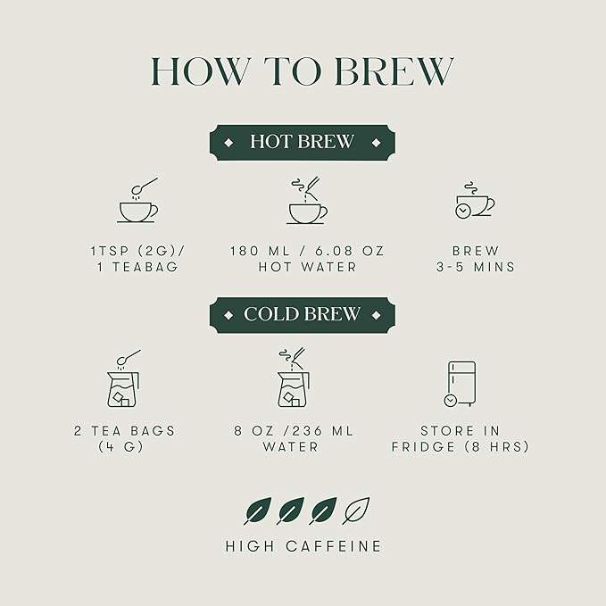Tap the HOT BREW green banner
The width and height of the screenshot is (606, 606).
point(302,142)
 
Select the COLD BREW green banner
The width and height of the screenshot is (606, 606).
point(302,314)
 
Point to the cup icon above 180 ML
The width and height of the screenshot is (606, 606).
point(306,203)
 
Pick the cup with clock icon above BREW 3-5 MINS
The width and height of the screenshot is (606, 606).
point(474,202)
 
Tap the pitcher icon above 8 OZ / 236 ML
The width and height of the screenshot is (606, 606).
point(294,378)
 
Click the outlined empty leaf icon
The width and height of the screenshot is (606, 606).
point(356,511)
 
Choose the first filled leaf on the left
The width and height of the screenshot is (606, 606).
point(257,511)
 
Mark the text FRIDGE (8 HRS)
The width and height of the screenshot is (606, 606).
point(460,446)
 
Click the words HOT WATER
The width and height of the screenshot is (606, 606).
point(306,267)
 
